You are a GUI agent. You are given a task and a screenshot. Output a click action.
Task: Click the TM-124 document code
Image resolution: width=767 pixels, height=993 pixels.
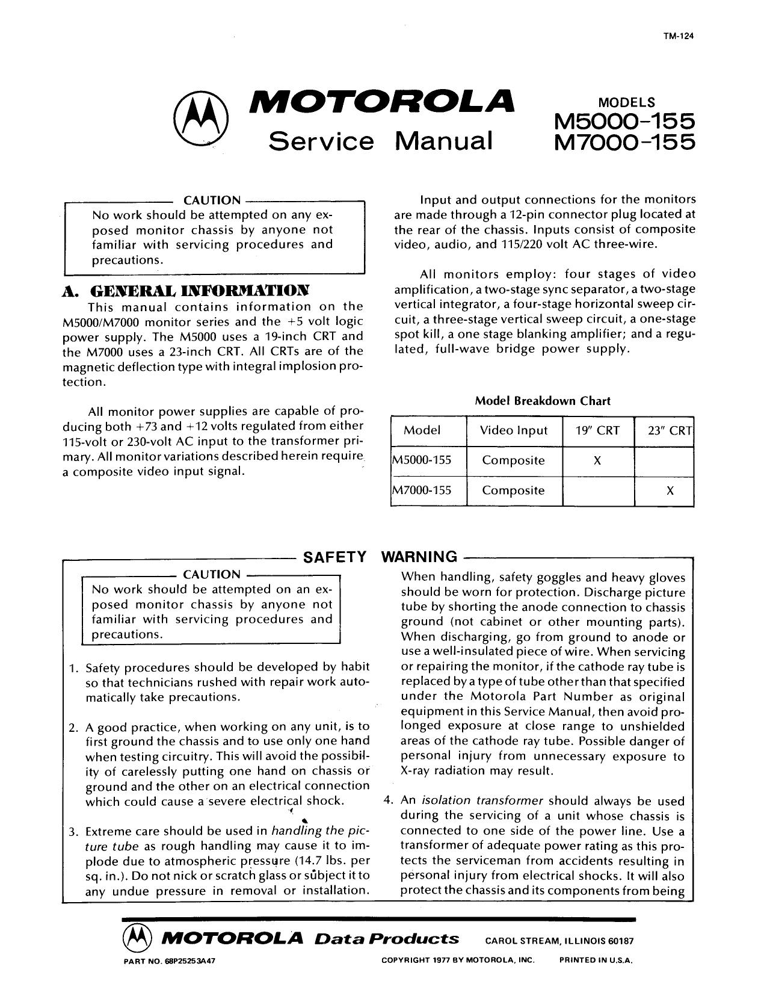coord(682,35)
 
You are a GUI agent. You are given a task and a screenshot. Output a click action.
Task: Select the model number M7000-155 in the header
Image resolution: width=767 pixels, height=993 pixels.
coord(624,142)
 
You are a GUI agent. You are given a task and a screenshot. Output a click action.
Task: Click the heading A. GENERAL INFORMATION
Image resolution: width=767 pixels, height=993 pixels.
coord(187,291)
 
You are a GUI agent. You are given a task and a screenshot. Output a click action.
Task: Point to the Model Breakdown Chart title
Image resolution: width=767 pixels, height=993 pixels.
coord(543,401)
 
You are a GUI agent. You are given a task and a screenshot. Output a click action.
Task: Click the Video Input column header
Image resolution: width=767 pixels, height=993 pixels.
coord(513,430)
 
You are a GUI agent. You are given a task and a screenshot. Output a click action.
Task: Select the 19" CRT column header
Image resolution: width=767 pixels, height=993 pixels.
coord(597,430)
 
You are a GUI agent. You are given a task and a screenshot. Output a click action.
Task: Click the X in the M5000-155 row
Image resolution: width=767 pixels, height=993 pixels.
coord(597,461)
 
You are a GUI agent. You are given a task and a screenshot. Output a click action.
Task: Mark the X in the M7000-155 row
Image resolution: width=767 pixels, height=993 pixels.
coord(670,490)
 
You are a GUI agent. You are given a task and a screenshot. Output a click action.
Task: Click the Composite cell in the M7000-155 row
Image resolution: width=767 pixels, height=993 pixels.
coord(513,490)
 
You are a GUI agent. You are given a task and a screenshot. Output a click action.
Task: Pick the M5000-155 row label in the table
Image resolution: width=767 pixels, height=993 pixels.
coord(422,461)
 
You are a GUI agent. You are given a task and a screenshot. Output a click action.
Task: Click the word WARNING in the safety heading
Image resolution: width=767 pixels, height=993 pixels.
coord(420,557)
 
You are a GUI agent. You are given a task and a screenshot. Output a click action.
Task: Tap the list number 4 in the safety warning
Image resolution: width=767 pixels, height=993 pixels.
coord(389,801)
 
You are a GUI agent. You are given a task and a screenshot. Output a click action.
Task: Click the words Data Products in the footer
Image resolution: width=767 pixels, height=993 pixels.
coord(387,939)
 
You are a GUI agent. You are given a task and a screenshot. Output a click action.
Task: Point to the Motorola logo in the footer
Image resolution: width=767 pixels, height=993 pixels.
coord(134,938)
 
